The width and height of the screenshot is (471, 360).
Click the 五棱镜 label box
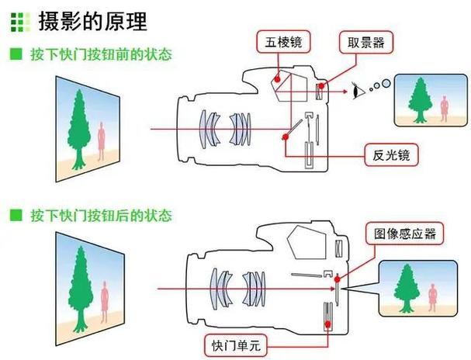[283, 42]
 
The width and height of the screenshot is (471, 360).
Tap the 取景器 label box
[366, 43]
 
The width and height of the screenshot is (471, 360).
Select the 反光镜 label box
[391, 155]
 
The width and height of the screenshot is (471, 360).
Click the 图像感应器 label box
[404, 234]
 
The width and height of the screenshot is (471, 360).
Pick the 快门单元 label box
[236, 345]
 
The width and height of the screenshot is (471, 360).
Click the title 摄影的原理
[92, 21]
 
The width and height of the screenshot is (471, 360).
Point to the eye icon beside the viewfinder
[358, 90]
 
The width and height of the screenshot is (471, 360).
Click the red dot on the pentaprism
[277, 79]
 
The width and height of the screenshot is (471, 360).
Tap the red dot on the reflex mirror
[286, 137]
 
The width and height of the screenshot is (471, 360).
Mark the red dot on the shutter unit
[327, 324]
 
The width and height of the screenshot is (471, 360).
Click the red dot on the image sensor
[338, 279]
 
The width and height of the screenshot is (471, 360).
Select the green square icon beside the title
[20, 22]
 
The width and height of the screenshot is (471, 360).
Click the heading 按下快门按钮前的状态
[101, 54]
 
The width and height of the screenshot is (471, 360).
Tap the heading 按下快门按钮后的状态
[101, 215]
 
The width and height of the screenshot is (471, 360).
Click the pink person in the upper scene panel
[102, 141]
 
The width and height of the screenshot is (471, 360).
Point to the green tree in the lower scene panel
[80, 289]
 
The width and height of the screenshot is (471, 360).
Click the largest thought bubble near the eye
[386, 82]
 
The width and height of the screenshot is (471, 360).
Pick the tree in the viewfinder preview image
[420, 100]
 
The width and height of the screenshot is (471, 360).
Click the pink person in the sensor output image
[432, 297]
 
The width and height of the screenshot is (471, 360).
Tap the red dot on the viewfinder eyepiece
[321, 86]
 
